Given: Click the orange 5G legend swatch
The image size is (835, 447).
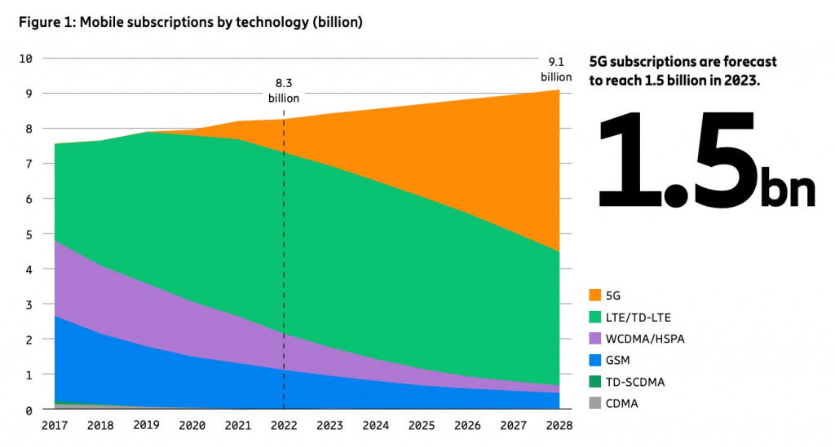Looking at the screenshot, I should (594, 293).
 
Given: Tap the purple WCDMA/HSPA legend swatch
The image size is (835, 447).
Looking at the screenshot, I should (594, 338).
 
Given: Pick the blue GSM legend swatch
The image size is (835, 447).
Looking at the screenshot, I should (594, 359).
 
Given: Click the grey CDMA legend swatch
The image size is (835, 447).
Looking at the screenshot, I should (594, 401).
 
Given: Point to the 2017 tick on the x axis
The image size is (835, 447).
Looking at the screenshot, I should (54, 426).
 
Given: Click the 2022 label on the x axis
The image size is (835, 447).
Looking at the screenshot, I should (284, 426).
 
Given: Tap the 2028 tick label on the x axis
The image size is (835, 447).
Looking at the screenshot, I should (559, 426).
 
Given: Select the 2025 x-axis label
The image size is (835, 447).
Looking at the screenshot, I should (422, 426).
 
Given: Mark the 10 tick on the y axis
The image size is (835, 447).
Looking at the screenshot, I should (26, 59).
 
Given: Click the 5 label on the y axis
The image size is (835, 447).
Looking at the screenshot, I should (29, 234).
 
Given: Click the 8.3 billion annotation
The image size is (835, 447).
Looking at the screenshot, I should (284, 90).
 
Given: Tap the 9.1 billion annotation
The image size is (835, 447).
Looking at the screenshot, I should (556, 68).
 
